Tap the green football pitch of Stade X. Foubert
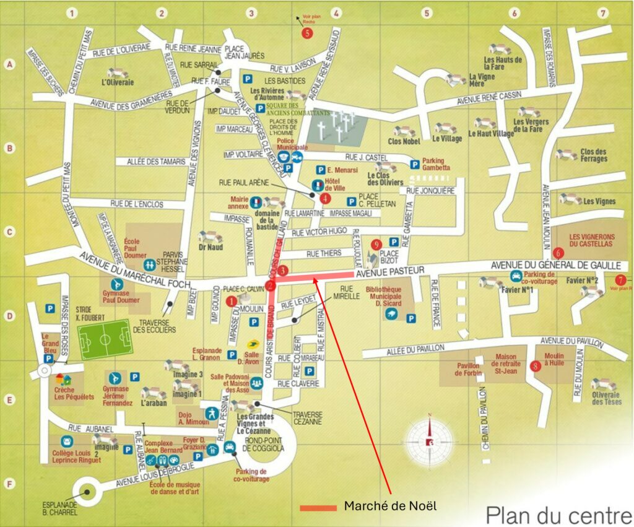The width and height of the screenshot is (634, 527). pyautogui.click(x=104, y=339)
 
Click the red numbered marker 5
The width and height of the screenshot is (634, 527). pyautogui.click(x=308, y=33)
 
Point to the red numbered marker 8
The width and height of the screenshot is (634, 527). pyautogui.click(x=535, y=365)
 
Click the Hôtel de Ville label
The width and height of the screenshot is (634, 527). pyautogui.click(x=336, y=188)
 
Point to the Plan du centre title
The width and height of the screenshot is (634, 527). pyautogui.click(x=557, y=514)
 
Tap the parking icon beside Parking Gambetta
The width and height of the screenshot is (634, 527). pyautogui.click(x=414, y=164)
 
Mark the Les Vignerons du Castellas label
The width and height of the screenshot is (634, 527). pyautogui.click(x=591, y=240)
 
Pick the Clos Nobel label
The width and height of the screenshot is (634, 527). pyautogui.click(x=404, y=141)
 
